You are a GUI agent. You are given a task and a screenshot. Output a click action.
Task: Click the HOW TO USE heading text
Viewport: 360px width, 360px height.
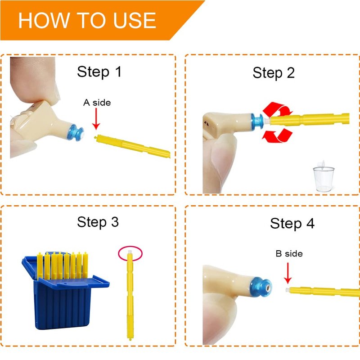(x=87, y=20)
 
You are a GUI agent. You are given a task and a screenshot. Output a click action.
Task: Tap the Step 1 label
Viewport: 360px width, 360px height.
(x=99, y=72)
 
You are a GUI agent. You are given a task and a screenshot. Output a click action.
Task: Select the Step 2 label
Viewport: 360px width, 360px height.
(x=274, y=73)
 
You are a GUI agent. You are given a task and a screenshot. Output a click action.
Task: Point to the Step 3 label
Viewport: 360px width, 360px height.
(x=98, y=222)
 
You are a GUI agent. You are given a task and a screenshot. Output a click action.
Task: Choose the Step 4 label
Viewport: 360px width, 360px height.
(x=292, y=223)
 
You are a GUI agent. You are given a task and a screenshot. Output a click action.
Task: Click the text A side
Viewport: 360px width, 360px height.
(x=97, y=103)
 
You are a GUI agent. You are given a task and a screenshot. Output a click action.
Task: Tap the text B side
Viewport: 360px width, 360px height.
(x=289, y=253)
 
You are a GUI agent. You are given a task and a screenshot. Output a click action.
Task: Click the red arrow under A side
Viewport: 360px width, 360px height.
(x=96, y=119)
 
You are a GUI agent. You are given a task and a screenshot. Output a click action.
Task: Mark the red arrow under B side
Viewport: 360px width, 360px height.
(x=288, y=273)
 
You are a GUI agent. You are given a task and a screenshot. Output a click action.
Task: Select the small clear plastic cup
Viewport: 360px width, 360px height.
(x=324, y=178)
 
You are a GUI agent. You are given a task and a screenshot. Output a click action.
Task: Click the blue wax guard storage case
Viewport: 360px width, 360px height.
(x=65, y=292)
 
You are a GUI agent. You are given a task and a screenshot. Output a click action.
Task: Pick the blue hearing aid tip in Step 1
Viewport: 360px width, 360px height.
(x=76, y=133)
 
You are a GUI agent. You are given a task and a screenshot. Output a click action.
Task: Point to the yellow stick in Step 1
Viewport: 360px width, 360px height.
(x=132, y=146)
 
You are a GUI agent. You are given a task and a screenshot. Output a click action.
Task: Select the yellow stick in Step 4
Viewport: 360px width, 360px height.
(x=323, y=292)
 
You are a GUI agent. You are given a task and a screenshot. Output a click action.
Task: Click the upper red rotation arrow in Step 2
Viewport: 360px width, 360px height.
(x=278, y=109)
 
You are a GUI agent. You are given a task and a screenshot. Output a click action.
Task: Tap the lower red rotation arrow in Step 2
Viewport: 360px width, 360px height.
(x=277, y=135)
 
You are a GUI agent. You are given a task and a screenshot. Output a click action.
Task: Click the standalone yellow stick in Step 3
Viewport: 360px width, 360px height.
(x=130, y=295)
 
